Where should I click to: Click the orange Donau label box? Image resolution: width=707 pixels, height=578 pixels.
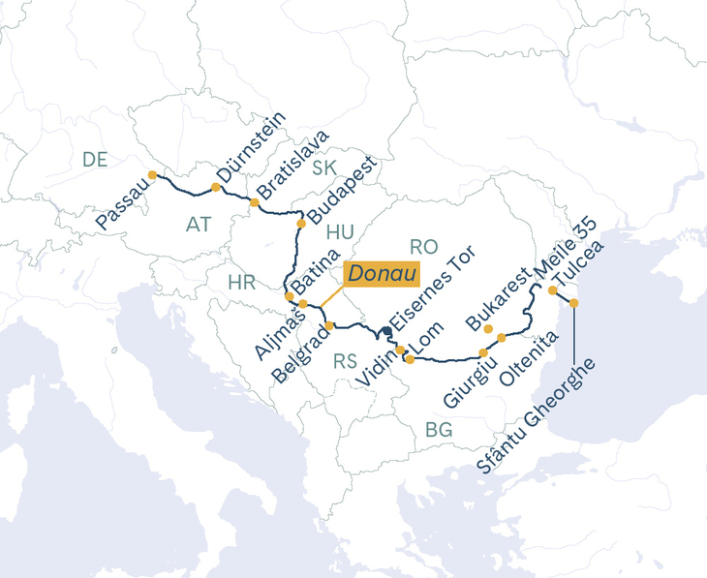382,274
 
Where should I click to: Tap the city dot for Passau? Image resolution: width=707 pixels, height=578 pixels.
152,175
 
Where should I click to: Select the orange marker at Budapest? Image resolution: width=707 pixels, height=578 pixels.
300,224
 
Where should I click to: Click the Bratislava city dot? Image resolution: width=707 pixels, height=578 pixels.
254,202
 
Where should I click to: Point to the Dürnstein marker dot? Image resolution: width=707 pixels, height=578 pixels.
215,187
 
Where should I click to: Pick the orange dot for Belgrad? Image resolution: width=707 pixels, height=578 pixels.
329,325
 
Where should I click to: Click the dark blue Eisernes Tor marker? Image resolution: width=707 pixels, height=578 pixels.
386,332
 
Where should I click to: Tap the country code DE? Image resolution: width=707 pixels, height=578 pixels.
95,161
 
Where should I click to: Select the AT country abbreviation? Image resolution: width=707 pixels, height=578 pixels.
199,225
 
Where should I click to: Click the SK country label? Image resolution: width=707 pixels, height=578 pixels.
324,168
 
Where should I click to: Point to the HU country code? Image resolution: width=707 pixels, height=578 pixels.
341,231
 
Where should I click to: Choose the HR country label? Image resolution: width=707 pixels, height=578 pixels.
241,283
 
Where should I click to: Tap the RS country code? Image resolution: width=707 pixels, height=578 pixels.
346,362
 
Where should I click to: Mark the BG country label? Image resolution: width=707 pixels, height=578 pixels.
439,430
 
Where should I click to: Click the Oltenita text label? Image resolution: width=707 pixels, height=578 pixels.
528,360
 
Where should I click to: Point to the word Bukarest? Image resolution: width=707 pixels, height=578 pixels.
498,296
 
